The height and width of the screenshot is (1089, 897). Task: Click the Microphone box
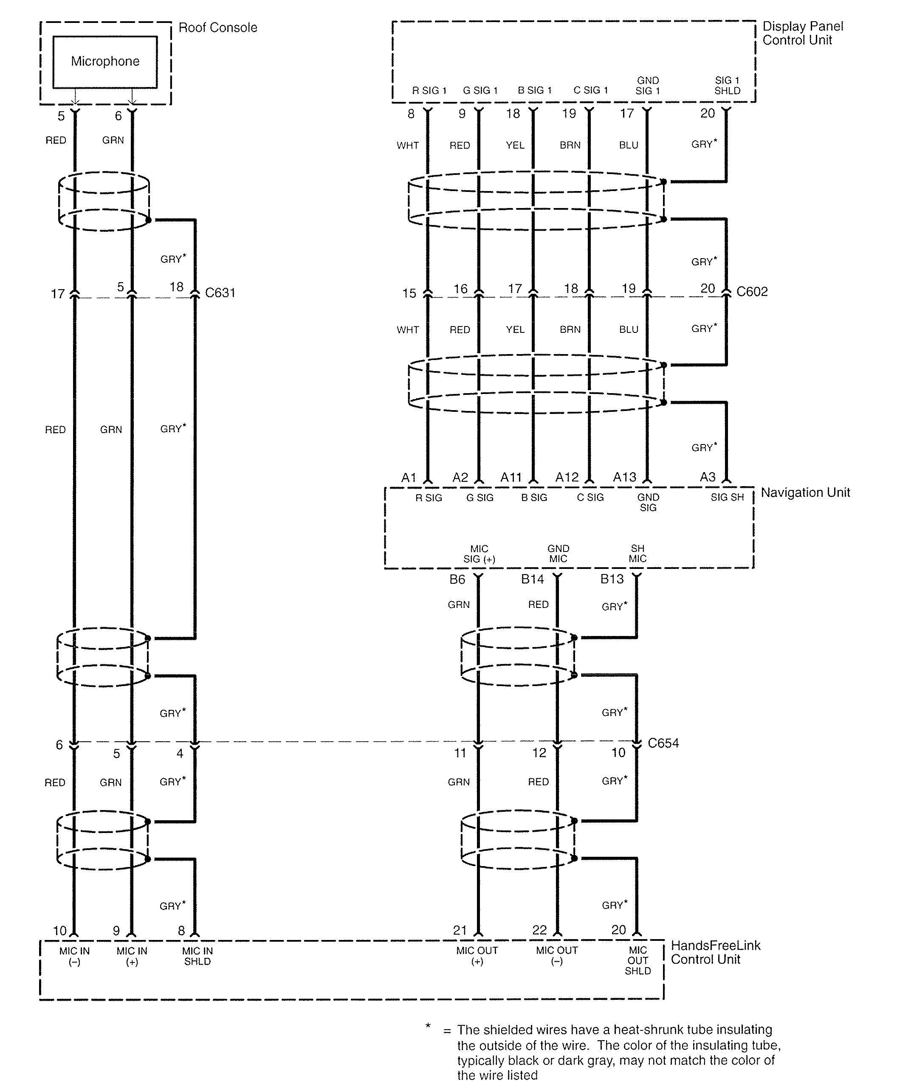[x=105, y=62]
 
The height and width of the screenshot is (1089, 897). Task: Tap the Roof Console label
[x=217, y=27]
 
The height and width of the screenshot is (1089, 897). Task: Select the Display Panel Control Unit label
[x=802, y=33]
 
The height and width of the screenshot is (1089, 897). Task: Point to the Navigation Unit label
[x=805, y=492]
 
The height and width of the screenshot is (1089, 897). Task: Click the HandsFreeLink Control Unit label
[x=715, y=952]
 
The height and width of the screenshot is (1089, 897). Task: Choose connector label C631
[x=220, y=293]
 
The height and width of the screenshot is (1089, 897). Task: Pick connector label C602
[x=752, y=291]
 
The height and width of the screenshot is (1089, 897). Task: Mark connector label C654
[x=663, y=743]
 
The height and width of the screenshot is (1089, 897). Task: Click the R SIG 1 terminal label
[x=429, y=90]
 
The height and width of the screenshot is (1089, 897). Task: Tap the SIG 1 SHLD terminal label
[x=727, y=85]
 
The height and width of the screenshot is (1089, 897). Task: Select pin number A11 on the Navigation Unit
[x=511, y=477]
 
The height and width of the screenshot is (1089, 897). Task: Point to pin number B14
[x=532, y=579]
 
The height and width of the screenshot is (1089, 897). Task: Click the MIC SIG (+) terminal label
[x=479, y=553]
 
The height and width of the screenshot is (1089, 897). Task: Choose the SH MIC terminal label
[x=637, y=553]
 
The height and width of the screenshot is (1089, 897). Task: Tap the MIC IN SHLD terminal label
[x=197, y=956]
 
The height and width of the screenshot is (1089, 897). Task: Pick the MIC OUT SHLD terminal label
[x=637, y=961]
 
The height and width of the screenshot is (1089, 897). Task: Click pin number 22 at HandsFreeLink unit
[x=539, y=930]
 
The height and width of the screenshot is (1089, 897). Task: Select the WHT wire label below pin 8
[x=407, y=146]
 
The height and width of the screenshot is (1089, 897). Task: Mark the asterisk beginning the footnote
[x=428, y=1025]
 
